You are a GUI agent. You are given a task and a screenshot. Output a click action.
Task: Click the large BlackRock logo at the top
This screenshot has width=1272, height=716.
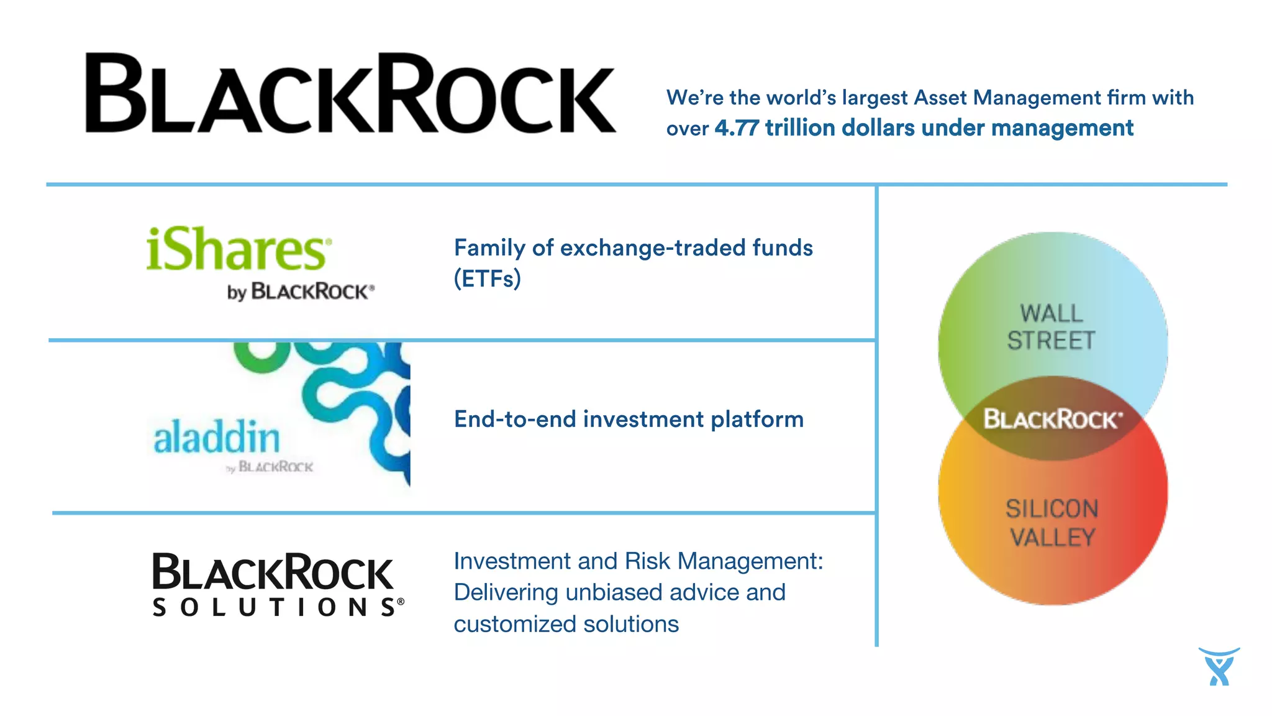click(350, 93)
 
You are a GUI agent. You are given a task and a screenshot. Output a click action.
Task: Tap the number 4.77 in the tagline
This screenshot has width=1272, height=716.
click(736, 128)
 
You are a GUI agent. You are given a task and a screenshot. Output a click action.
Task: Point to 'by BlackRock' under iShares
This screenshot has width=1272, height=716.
click(301, 291)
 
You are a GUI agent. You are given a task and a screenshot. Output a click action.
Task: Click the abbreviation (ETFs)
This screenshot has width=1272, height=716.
click(487, 278)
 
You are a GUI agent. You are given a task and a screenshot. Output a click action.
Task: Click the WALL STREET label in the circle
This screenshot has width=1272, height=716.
click(1051, 327)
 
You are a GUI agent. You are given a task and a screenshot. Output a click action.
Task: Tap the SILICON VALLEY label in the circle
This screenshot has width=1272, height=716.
click(1052, 523)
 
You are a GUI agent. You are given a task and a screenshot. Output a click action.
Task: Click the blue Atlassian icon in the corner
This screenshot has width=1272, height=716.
click(1219, 666)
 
